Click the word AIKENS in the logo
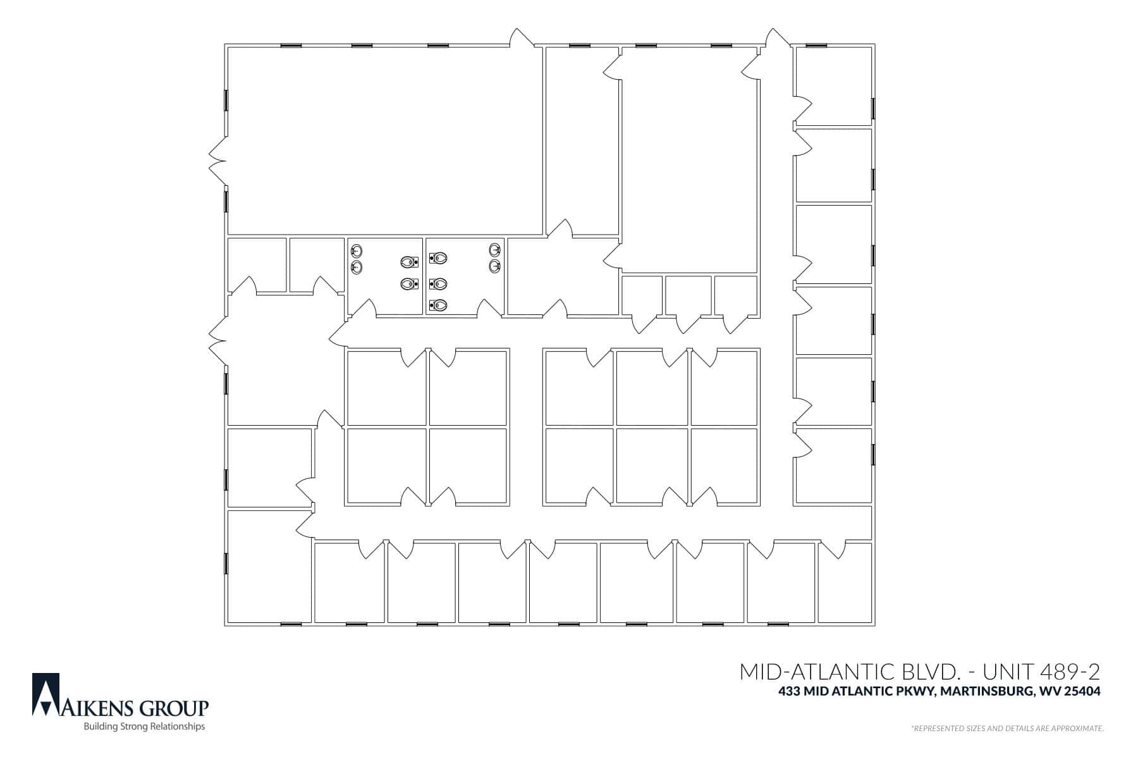(x=95, y=707)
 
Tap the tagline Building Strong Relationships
(x=145, y=727)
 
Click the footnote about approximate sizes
(x=1007, y=729)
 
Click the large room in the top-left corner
(x=384, y=140)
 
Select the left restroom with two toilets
(x=385, y=276)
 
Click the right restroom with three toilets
(x=465, y=276)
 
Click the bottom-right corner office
(x=845, y=583)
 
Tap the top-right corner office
(x=833, y=86)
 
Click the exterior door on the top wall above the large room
(x=522, y=37)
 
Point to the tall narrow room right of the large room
(x=582, y=140)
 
